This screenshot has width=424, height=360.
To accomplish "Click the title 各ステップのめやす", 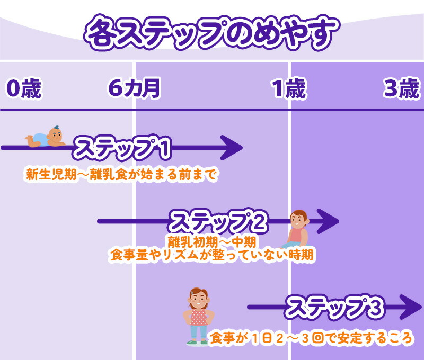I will (210, 33).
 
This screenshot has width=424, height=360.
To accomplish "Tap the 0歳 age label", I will (24, 89).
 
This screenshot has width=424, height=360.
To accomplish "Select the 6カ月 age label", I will (134, 89).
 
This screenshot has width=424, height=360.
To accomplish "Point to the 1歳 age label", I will (289, 89).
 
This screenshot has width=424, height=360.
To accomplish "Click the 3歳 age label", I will (401, 89).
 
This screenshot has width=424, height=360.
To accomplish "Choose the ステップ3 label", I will (334, 307).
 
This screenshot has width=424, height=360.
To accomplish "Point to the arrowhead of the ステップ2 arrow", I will (329, 221).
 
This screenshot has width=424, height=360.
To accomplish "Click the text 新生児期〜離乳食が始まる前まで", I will (122, 175).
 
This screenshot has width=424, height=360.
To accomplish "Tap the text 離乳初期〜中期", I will (213, 242).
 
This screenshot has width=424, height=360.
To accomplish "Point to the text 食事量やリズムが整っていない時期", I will (211, 255).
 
